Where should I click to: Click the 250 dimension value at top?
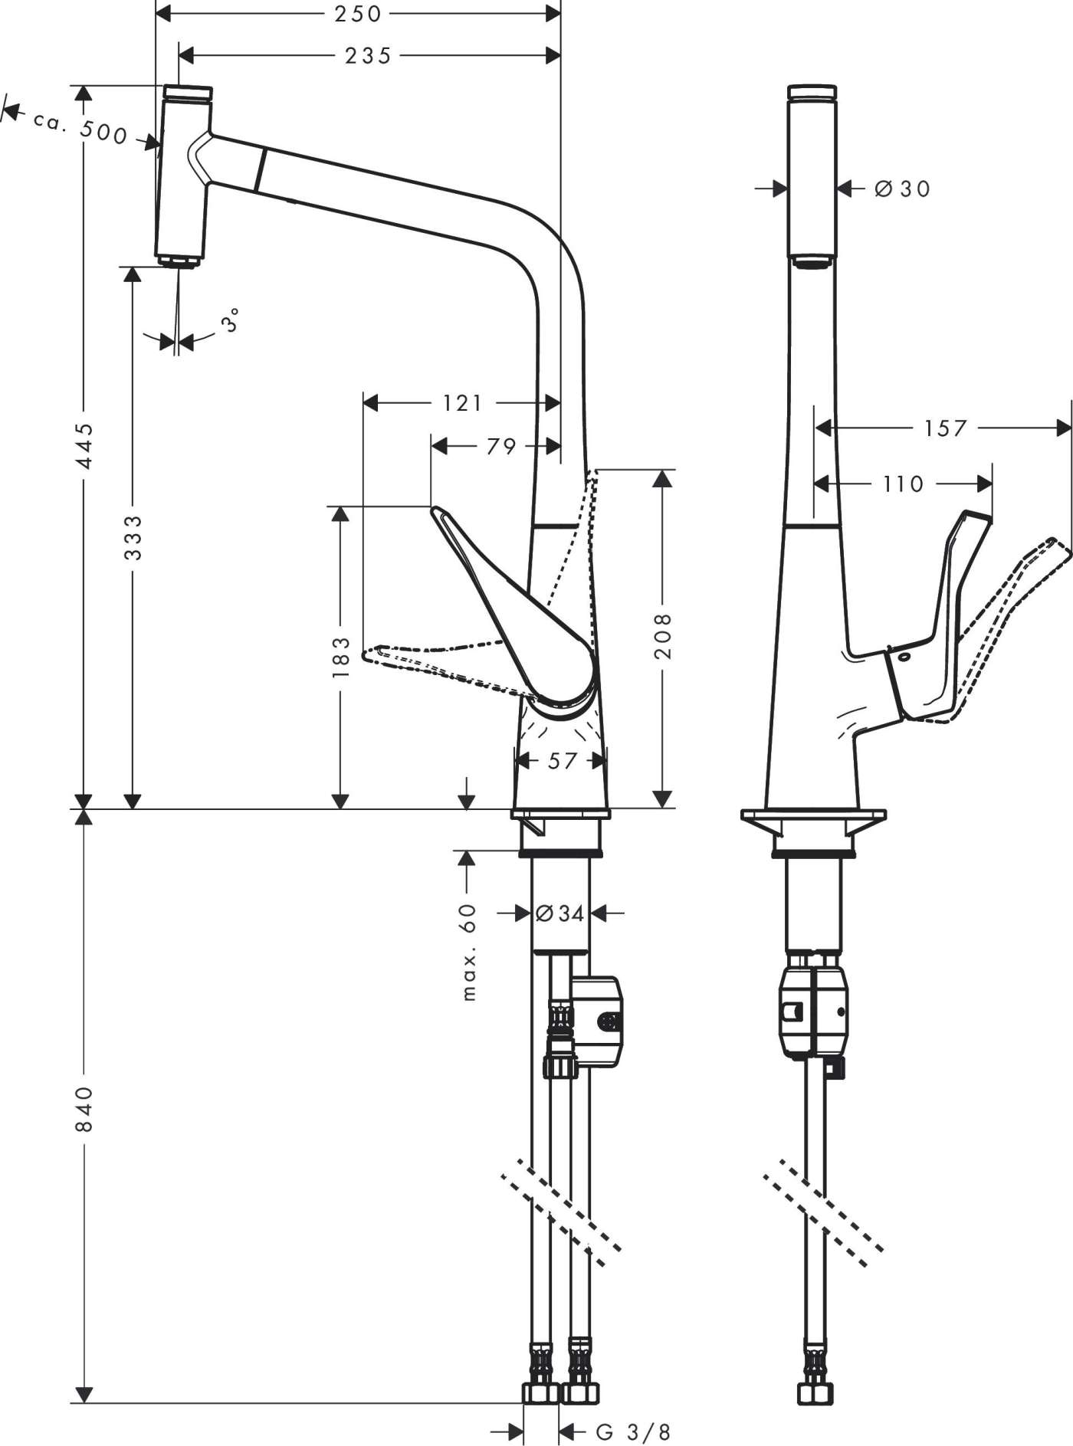357,14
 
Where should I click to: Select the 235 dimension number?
368,55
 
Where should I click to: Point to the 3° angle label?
231,320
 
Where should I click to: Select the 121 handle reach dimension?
463,402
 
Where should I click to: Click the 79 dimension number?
501,445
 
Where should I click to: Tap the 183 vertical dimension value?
340,657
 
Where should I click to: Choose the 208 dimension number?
663,635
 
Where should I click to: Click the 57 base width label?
562,761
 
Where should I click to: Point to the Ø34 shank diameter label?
559,913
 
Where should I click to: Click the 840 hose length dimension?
84,1108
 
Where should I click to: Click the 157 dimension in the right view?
945,428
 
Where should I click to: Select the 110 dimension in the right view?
903,484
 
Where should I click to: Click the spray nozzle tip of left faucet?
181,262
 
